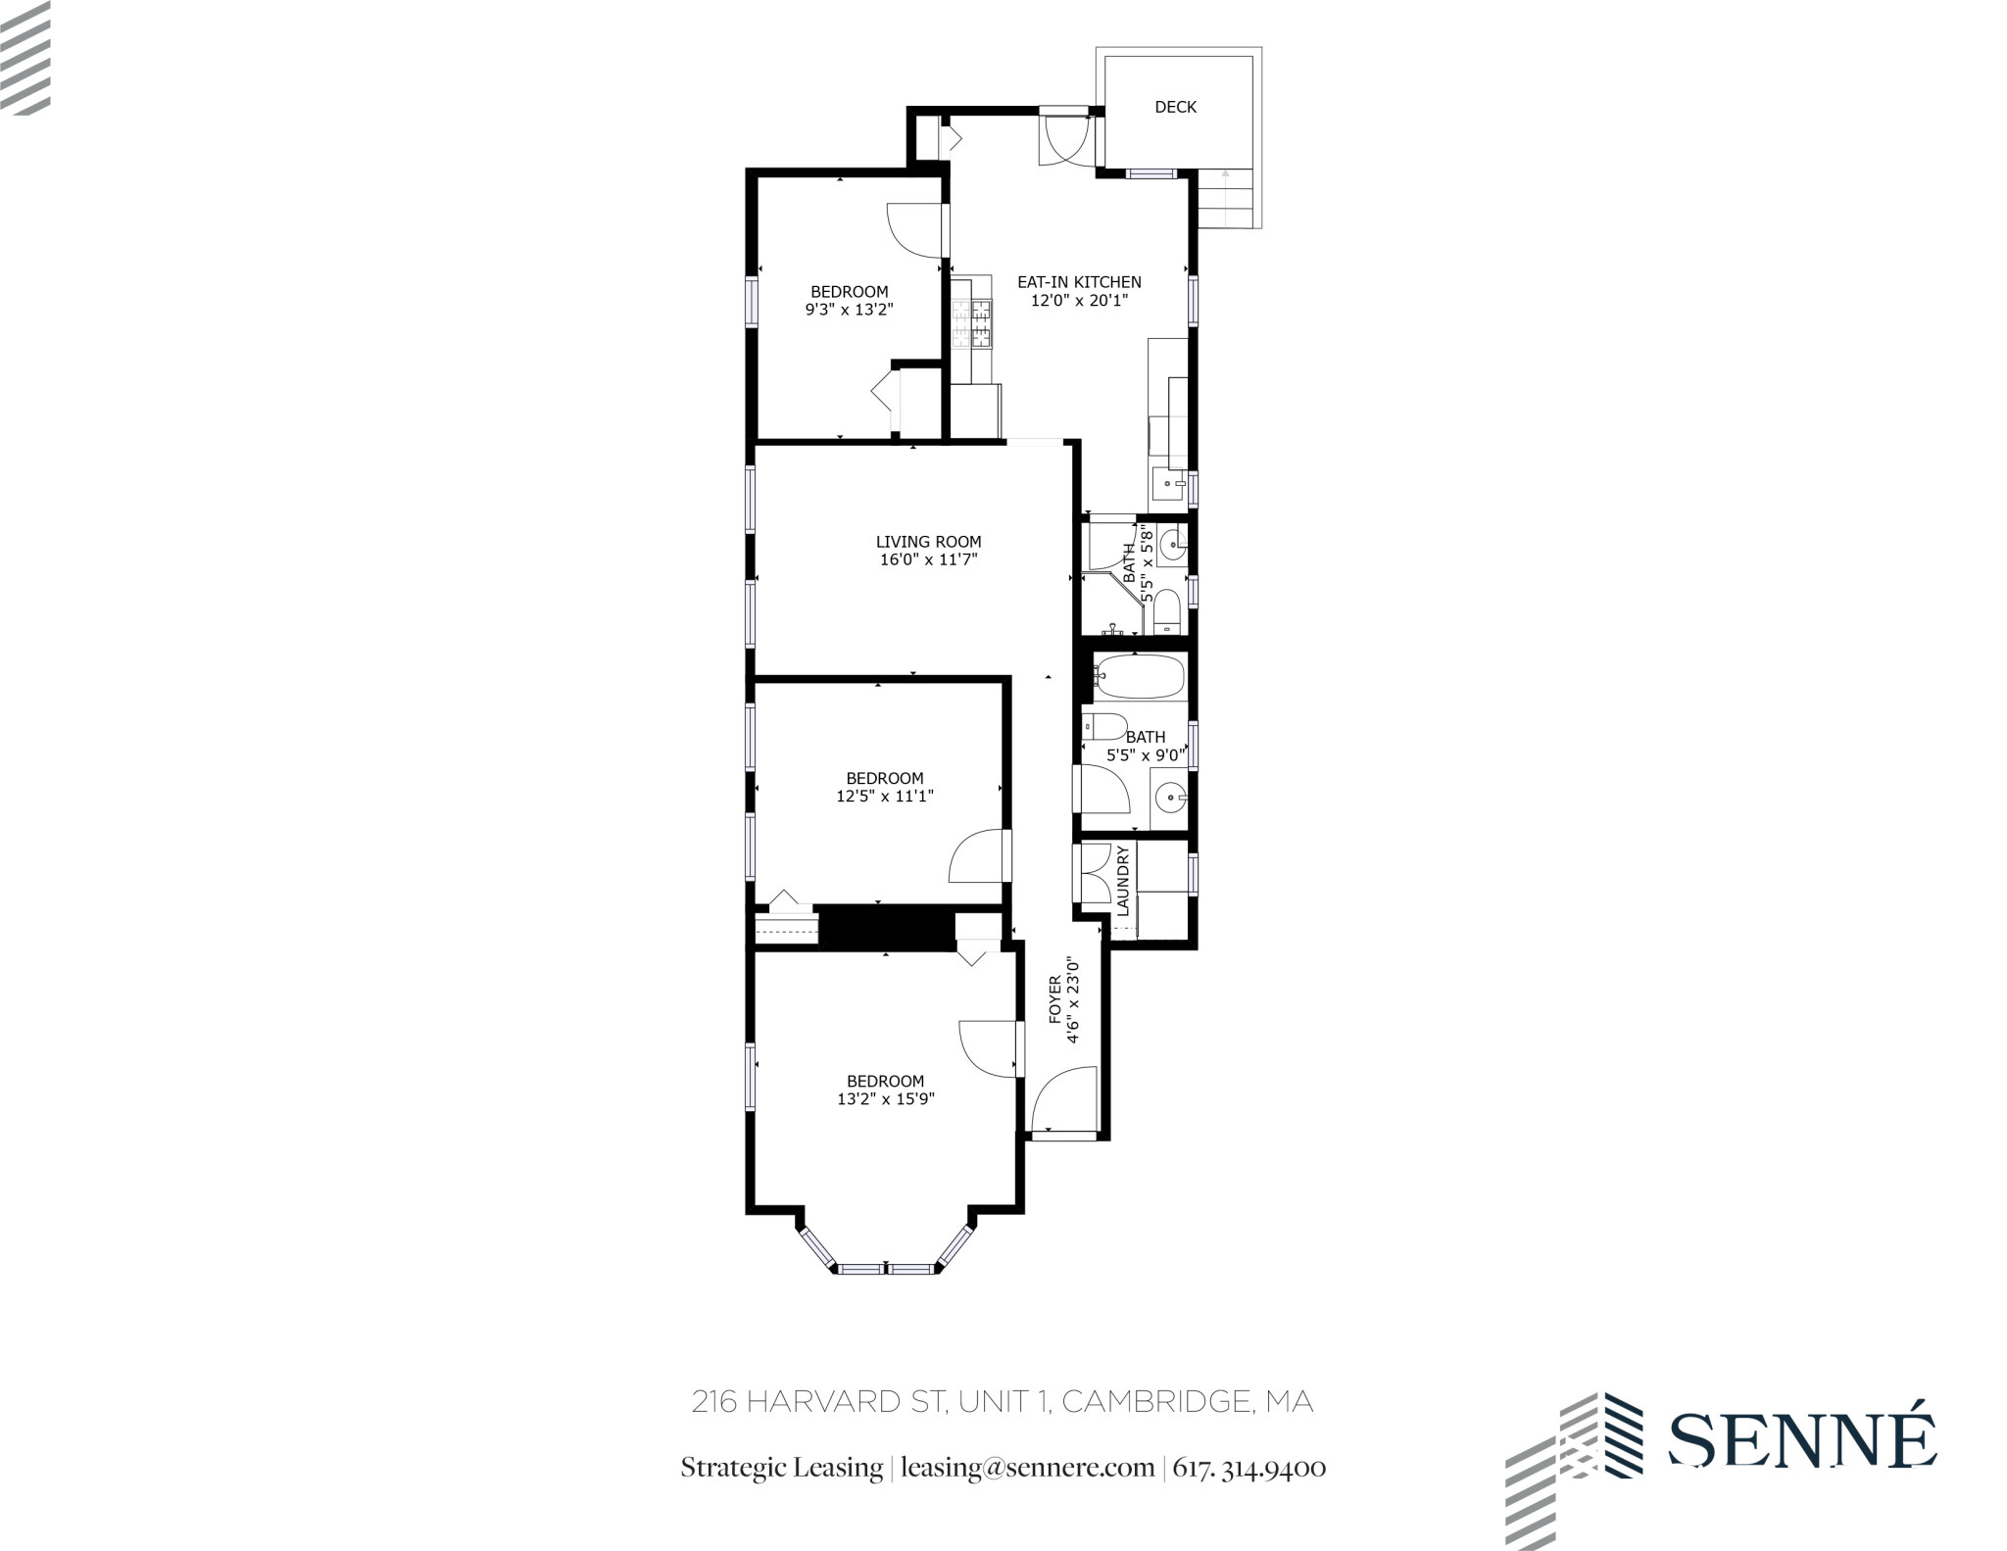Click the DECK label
[1175, 107]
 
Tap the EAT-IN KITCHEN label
[1079, 282]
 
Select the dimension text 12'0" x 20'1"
[1079, 301]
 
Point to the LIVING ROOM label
[928, 542]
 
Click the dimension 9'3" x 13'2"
[850, 310]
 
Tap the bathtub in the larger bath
[1140, 677]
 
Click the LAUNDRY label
[1123, 881]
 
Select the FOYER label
[1055, 999]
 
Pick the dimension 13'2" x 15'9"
[885, 1099]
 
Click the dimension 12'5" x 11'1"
[884, 797]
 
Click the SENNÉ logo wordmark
[1801, 1440]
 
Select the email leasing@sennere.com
[1027, 1468]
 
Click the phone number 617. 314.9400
[1249, 1468]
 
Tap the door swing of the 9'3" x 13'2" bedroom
[914, 231]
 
